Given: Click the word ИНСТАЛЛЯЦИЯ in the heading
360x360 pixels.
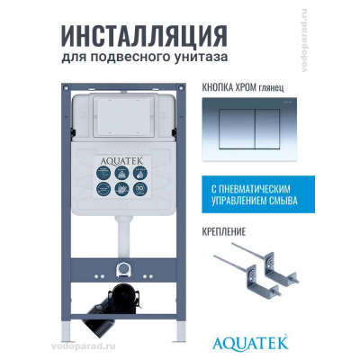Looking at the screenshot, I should tap(142, 35).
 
